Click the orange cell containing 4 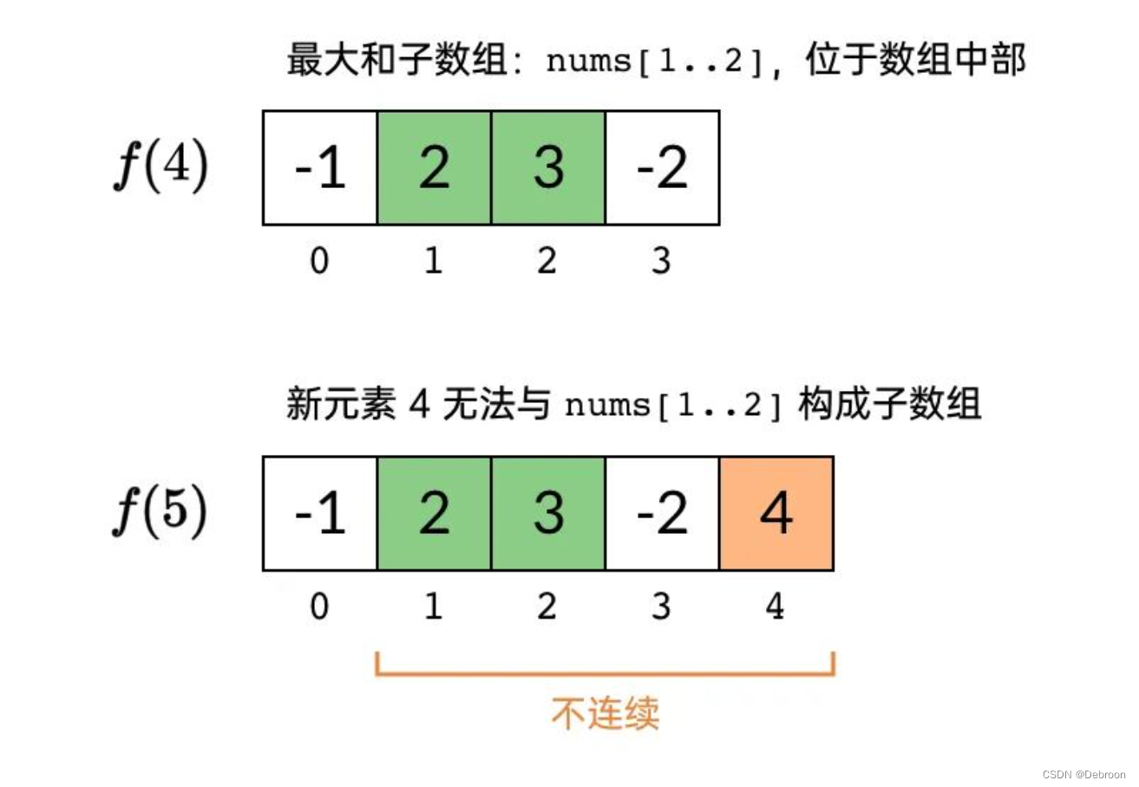pyautogui.click(x=776, y=513)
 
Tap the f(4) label pyautogui.click(x=161, y=166)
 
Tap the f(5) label pyautogui.click(x=160, y=511)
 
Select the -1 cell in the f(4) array pyautogui.click(x=320, y=167)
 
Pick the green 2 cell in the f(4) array pyautogui.click(x=435, y=167)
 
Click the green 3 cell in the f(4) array pyautogui.click(x=548, y=167)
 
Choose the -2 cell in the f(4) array pyautogui.click(x=663, y=167)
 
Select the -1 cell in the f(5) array pyautogui.click(x=320, y=513)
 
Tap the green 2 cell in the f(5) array pyautogui.click(x=435, y=513)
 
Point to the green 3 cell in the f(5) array pyautogui.click(x=548, y=513)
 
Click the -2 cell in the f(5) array pyautogui.click(x=663, y=513)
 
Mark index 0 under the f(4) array pyautogui.click(x=320, y=260)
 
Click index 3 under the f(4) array pyautogui.click(x=662, y=260)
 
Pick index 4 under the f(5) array pyautogui.click(x=775, y=606)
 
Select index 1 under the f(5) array pyautogui.click(x=433, y=606)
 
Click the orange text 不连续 pyautogui.click(x=606, y=713)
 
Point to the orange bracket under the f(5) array pyautogui.click(x=606, y=674)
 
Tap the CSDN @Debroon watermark pyautogui.click(x=1083, y=774)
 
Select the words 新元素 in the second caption pyautogui.click(x=341, y=404)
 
